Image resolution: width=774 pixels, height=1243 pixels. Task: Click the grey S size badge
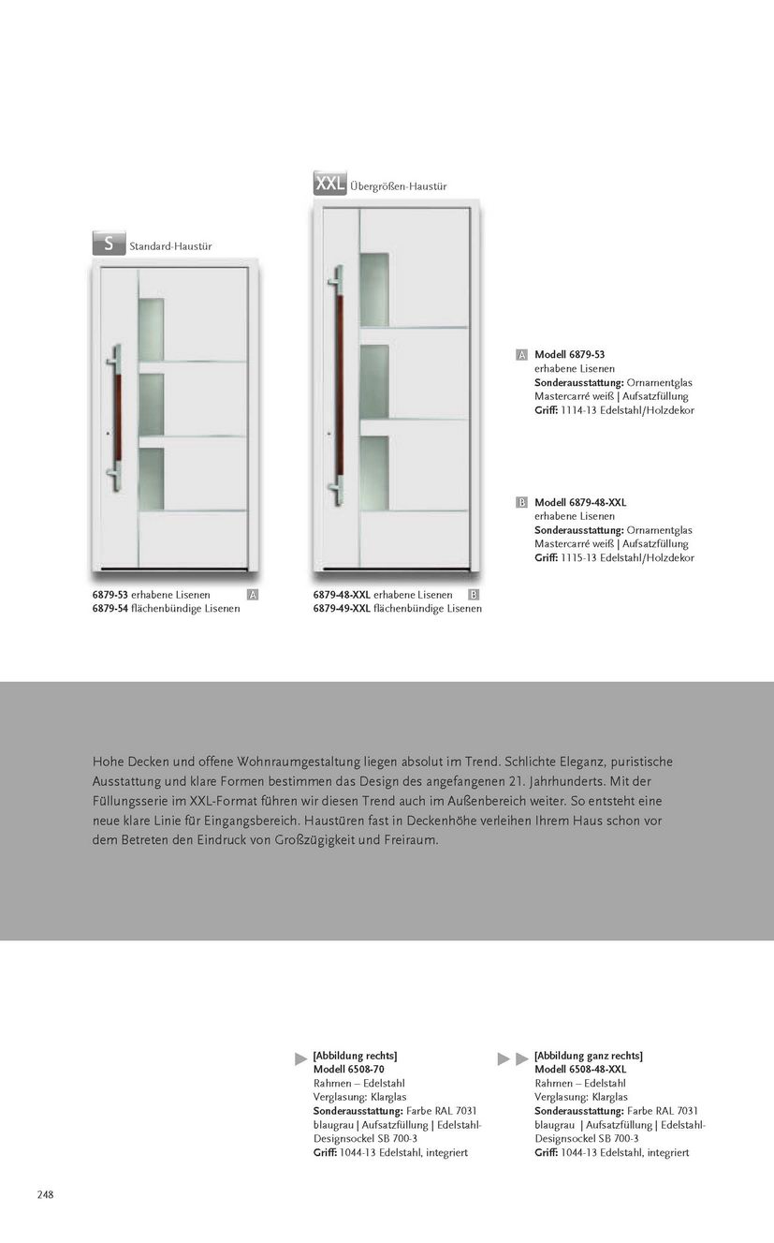coord(109,244)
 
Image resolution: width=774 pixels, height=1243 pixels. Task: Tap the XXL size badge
coord(329,183)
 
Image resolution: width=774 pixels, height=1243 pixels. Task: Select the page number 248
coord(45,1194)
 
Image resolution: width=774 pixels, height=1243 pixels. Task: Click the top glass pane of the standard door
coord(151,329)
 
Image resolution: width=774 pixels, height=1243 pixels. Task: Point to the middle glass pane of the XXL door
coord(373,381)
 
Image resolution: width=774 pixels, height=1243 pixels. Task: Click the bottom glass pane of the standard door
coord(151,477)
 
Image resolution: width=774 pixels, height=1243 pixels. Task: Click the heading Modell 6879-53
coord(569,355)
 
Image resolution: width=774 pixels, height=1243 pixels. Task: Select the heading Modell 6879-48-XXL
coord(580,503)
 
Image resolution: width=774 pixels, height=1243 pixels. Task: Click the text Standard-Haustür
coord(170,246)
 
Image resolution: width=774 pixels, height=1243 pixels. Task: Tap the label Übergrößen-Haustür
coord(398,186)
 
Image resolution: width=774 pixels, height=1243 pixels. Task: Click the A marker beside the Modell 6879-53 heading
coord(521,355)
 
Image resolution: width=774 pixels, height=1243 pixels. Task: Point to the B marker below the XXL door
coord(474,595)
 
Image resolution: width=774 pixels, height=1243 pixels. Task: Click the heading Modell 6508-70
coord(348,1070)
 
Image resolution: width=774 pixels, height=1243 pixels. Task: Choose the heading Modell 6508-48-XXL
coord(580,1070)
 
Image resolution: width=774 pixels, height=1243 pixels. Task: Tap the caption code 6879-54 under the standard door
coord(110,609)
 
